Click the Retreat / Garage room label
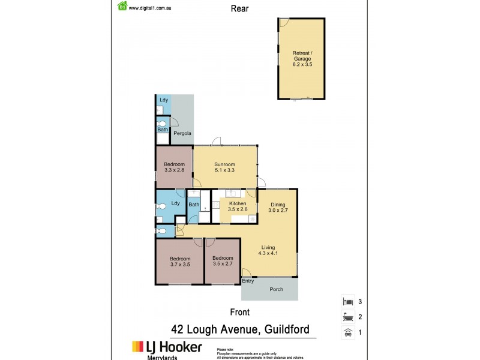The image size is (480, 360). [x=301, y=56]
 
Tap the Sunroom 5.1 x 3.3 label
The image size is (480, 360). [x=224, y=167]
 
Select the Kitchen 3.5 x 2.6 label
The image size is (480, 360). [x=238, y=206]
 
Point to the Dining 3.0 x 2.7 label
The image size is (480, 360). [x=278, y=207]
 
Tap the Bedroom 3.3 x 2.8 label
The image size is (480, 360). [x=174, y=167]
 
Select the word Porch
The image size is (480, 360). [x=276, y=290]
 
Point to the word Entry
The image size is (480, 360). [x=248, y=281]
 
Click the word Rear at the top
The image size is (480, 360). [x=239, y=8]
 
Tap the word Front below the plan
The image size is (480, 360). [x=240, y=312]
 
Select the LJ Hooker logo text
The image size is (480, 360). [x=167, y=347]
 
